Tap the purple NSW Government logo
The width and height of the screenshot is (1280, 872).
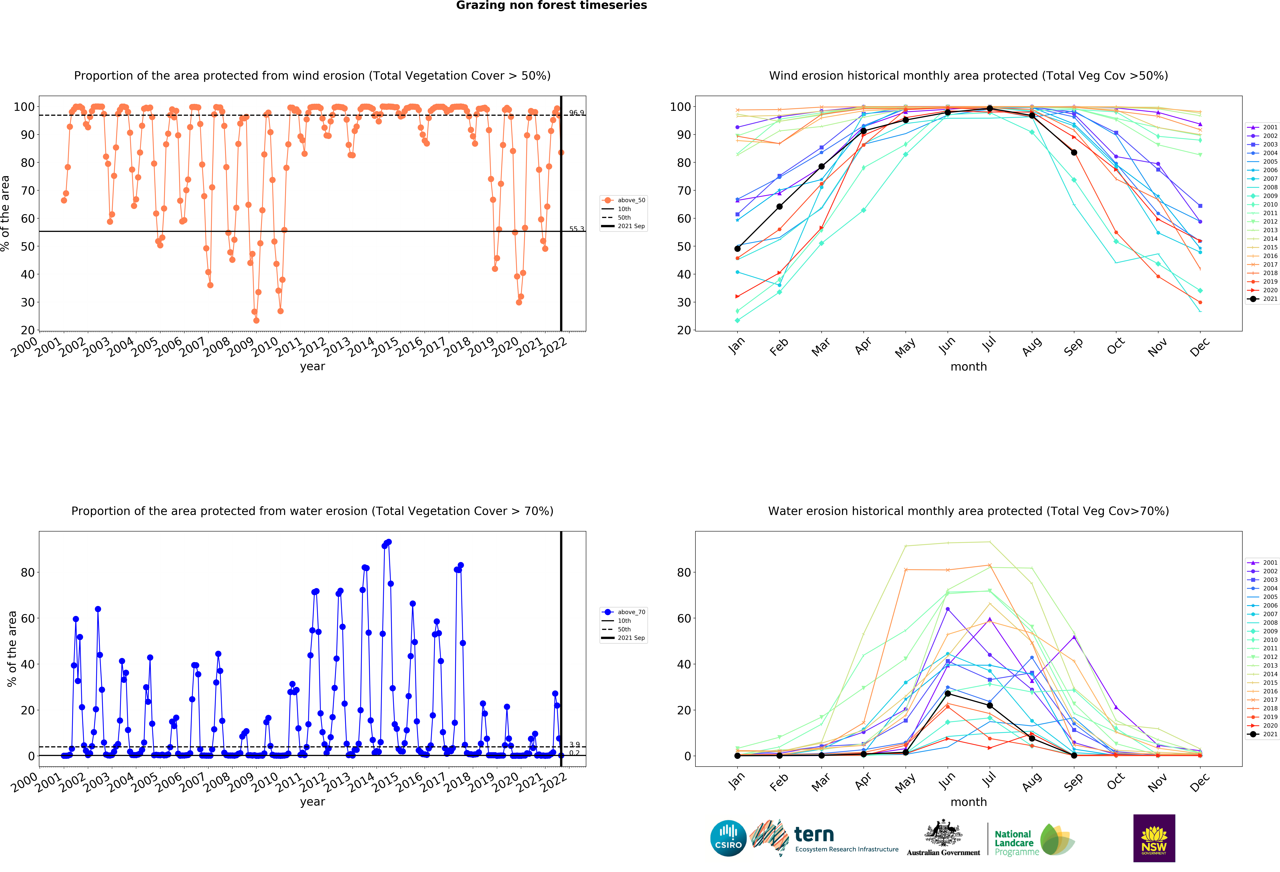[x=1154, y=838]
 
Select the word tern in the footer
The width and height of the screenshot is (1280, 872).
[x=814, y=835]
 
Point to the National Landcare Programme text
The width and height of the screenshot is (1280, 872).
[x=1017, y=843]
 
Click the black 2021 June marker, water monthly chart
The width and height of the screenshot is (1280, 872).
[x=948, y=694]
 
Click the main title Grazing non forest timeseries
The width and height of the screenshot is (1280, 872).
[x=551, y=5]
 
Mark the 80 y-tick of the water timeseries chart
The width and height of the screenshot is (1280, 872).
[x=28, y=573]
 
